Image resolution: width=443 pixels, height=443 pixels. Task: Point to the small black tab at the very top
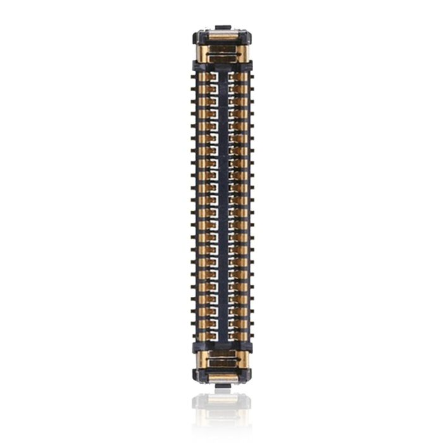coord(221,28)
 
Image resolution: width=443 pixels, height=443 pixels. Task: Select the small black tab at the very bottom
coord(221,384)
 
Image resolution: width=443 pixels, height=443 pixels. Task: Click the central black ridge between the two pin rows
coord(221,206)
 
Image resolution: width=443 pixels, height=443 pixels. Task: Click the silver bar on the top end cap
coord(221,35)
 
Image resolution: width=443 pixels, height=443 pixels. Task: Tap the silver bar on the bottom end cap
coord(221,377)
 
